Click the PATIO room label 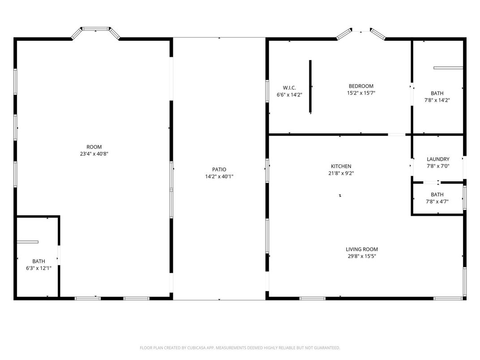tap(219, 169)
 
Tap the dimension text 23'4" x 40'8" tap(94, 154)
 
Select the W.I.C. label tap(289, 87)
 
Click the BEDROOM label tap(361, 86)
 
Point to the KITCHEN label tap(341, 166)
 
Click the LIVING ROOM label tap(362, 249)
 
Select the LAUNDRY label tap(438, 159)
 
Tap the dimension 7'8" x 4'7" tap(437, 201)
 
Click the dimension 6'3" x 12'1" tap(39, 268)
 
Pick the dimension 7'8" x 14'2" tap(437, 100)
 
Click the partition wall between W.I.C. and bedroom tap(310, 87)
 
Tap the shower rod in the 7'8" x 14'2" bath tap(448, 68)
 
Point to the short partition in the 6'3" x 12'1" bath tap(27, 242)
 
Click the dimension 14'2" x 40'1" tap(219, 176)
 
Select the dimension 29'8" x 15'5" tap(362, 257)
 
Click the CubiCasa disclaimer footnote tap(240, 347)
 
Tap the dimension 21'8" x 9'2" tap(341, 173)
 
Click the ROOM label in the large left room tap(94, 147)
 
